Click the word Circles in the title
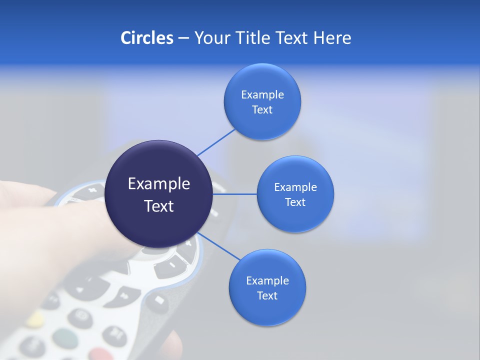tap(146, 38)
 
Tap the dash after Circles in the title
tap(183, 38)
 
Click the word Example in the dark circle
tap(158, 184)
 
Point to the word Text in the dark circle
tap(158, 206)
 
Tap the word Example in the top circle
tap(262, 95)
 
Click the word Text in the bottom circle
tap(267, 296)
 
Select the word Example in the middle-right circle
tap(295, 187)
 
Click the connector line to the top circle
tap(216, 142)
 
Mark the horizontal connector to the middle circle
tap(234, 194)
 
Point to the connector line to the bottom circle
tap(218, 246)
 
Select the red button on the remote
tap(100, 354)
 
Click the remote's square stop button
tap(158, 300)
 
